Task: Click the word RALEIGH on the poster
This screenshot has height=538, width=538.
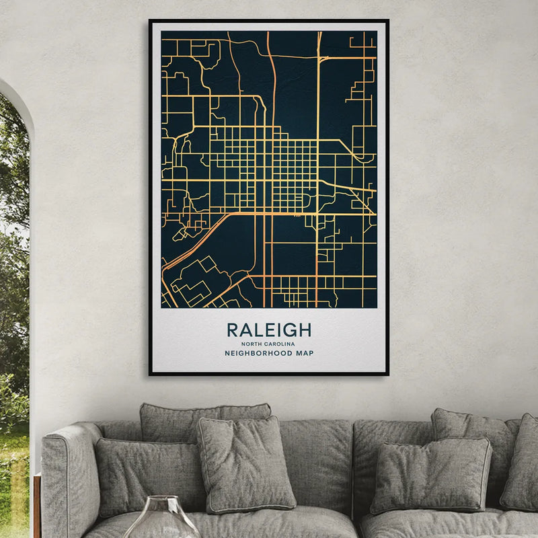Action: [x=269, y=330]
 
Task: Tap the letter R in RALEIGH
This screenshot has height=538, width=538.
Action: [x=233, y=330]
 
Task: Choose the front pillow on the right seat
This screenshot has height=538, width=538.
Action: [x=430, y=475]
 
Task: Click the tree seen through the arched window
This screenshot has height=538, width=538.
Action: [x=13, y=202]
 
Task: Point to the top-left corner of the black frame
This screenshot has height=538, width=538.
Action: [x=150, y=21]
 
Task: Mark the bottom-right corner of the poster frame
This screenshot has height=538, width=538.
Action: [x=387, y=374]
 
